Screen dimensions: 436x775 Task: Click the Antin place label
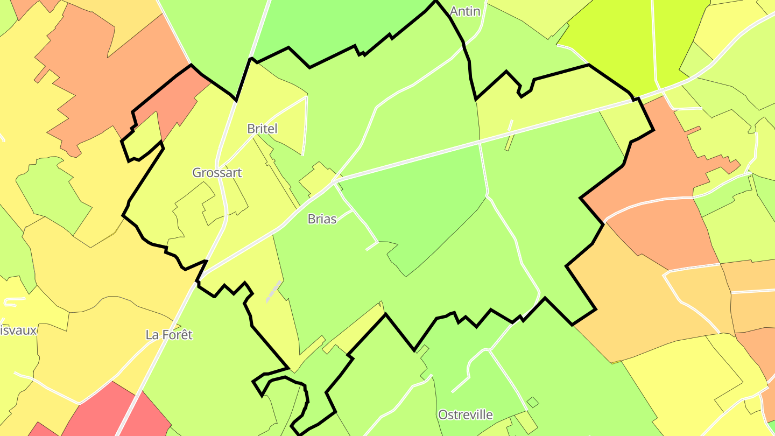(464, 11)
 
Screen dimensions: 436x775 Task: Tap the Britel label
(262, 129)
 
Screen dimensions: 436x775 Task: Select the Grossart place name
(217, 173)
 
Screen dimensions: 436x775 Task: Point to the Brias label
(322, 219)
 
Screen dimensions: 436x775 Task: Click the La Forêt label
(169, 335)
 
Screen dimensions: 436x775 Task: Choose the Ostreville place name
(465, 414)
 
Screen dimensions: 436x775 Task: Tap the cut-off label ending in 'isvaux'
(18, 330)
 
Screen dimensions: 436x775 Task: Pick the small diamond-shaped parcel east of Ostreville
(533, 402)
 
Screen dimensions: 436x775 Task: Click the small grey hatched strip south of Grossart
(273, 291)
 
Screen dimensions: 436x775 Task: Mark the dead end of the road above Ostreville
(452, 392)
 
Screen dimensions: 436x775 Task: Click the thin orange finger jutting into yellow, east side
(693, 130)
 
